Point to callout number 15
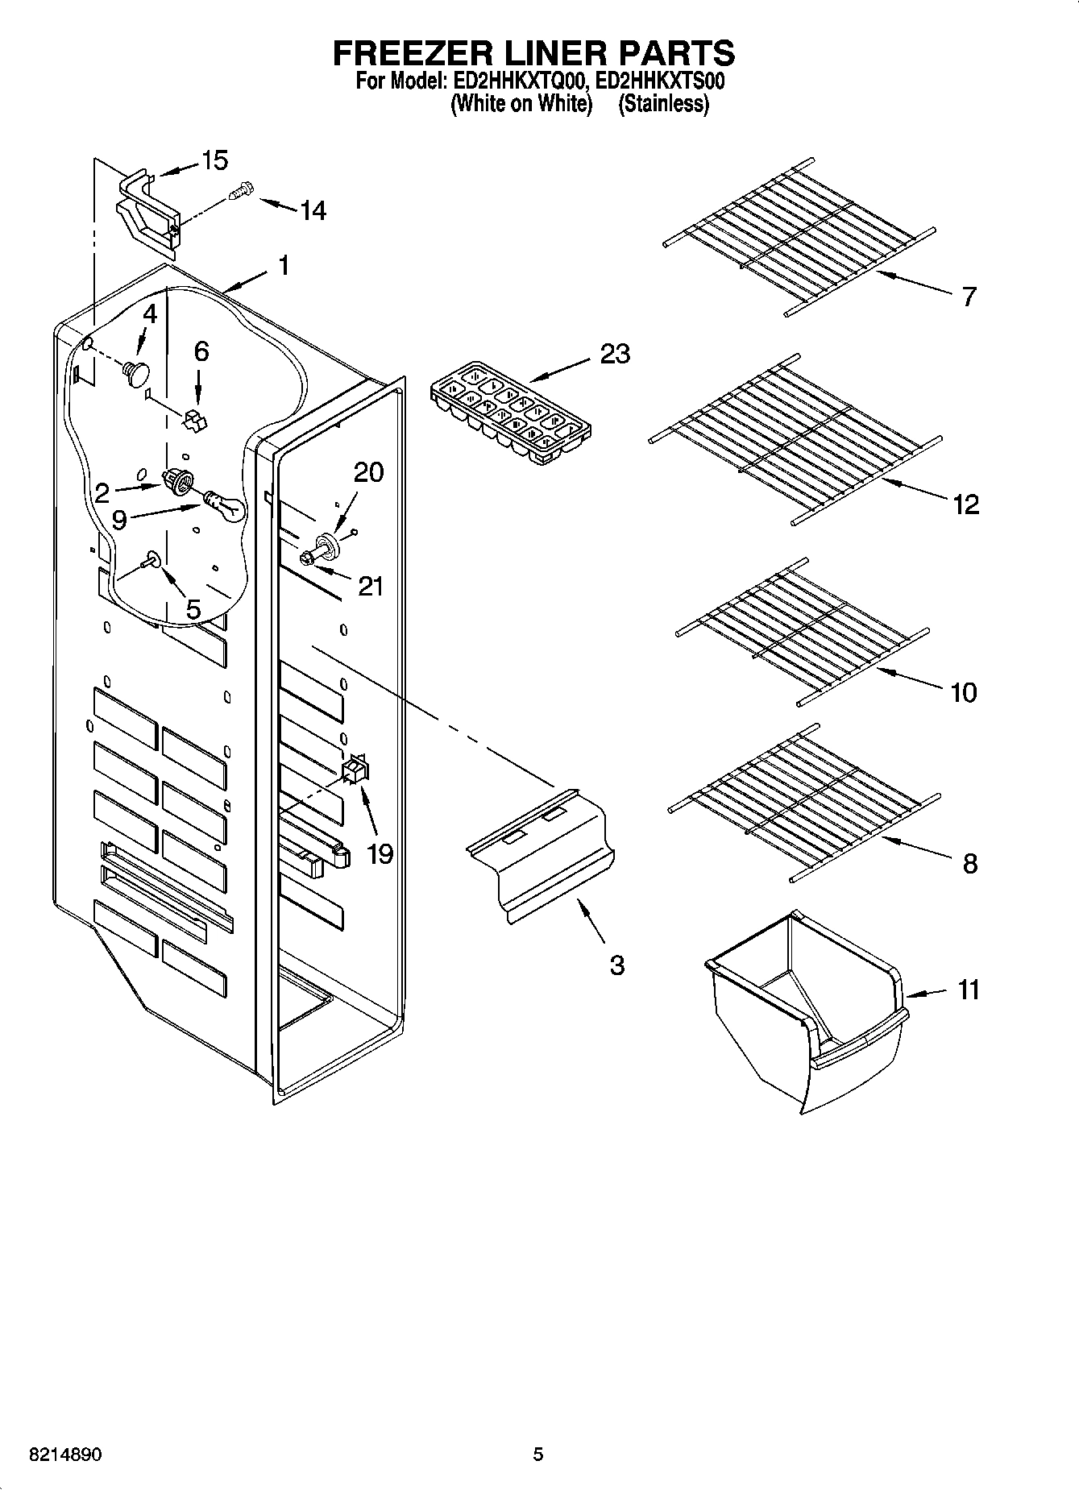pos(214,160)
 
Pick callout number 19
pos(380,853)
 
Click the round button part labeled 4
pos(136,373)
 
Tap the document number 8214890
pos(65,1455)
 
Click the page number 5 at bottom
pos(538,1455)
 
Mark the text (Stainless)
pos(663,104)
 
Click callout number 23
pos(614,354)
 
